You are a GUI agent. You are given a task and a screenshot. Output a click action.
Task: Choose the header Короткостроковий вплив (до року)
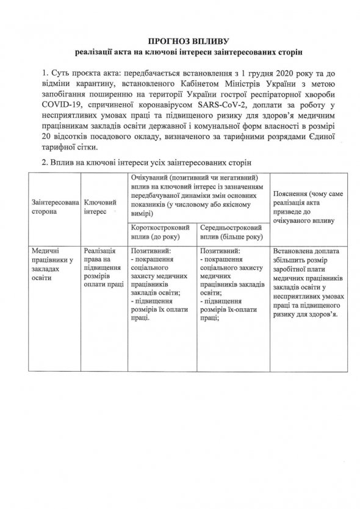[163, 232]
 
